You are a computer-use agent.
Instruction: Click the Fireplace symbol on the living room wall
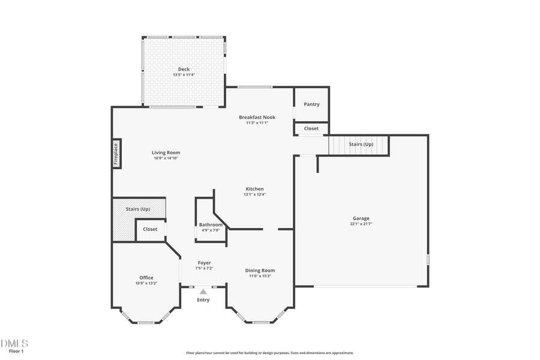pos(116,153)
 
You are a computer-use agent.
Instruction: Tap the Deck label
pos(184,69)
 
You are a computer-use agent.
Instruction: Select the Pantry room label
pos(311,104)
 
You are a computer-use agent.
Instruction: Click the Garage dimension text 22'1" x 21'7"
pos(361,224)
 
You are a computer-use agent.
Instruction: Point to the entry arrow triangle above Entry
pos(203,292)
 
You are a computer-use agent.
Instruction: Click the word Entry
pos(203,300)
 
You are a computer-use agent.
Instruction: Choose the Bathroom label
pos(211,224)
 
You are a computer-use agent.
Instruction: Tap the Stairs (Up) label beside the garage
pos(361,145)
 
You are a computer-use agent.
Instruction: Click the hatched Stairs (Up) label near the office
pos(137,209)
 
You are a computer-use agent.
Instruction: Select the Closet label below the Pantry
pos(311,128)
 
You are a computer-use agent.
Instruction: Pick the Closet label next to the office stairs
pos(150,229)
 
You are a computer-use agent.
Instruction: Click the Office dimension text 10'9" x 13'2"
pos(146,283)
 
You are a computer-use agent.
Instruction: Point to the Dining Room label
pos(260,271)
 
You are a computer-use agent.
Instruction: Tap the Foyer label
pos(204,263)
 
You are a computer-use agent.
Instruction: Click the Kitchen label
pos(254,189)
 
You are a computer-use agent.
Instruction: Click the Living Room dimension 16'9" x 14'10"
pos(166,158)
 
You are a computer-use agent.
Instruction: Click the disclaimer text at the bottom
pos(270,353)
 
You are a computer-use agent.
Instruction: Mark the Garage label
pos(361,218)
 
